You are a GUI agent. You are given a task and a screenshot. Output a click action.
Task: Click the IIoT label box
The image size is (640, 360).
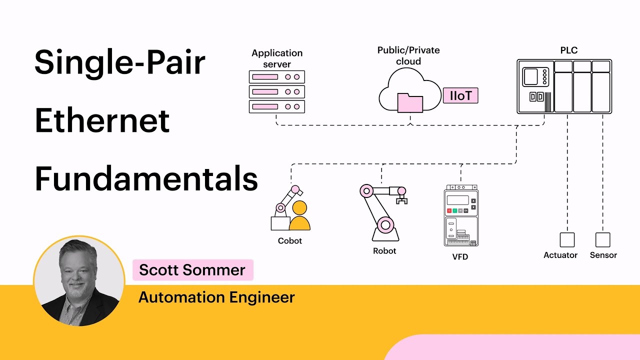[460, 95]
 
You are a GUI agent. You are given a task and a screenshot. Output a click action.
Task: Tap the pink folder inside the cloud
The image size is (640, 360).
[410, 102]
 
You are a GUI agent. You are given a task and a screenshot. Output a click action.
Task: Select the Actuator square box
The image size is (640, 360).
[567, 239]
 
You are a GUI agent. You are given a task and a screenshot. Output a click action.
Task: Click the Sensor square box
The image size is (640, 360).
[602, 239]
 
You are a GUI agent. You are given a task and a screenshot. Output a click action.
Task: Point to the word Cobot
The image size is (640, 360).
[290, 241]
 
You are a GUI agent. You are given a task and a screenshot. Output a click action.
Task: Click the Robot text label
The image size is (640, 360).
[384, 251]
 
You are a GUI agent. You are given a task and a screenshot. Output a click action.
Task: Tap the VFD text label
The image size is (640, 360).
[460, 257]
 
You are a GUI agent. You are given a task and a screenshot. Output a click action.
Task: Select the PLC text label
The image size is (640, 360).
[569, 50]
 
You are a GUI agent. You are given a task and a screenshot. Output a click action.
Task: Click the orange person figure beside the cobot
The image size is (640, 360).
[299, 217]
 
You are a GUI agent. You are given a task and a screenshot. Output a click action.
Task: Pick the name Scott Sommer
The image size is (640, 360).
[192, 270]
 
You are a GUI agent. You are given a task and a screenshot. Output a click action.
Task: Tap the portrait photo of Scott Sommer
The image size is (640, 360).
[79, 281]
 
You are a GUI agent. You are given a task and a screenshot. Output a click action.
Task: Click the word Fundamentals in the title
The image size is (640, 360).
[146, 178]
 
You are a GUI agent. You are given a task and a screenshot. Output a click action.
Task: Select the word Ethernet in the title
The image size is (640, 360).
[102, 121]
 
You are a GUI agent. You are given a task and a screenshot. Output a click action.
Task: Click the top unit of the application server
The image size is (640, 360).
[276, 77]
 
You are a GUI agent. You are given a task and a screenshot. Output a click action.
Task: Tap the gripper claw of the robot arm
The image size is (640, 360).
[401, 200]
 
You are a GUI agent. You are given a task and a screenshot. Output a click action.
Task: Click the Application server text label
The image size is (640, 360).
[277, 58]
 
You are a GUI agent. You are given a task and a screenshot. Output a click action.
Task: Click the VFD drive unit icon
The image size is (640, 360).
[461, 216]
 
